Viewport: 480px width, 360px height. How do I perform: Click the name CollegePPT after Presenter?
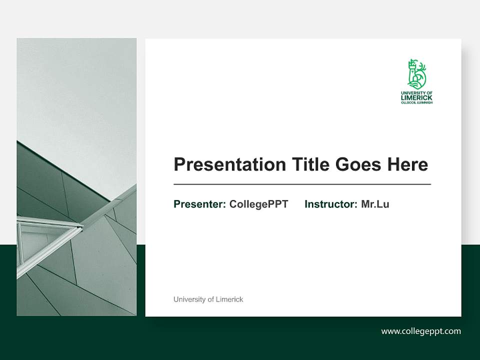(x=258, y=204)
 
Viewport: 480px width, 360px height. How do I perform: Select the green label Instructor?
(x=330, y=204)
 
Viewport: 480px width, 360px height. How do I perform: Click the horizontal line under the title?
(x=302, y=184)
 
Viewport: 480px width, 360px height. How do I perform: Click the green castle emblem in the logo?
(x=416, y=74)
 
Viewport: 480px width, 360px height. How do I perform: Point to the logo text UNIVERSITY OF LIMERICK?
(x=416, y=95)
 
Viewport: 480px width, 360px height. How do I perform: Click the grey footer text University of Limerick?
(x=208, y=299)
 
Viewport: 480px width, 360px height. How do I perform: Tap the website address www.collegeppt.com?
(x=421, y=331)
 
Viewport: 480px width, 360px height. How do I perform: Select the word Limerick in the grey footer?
(x=229, y=299)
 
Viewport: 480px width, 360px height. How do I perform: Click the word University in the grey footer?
(x=189, y=299)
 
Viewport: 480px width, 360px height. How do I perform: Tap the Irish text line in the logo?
(x=416, y=102)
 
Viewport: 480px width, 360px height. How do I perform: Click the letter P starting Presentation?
(x=179, y=164)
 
